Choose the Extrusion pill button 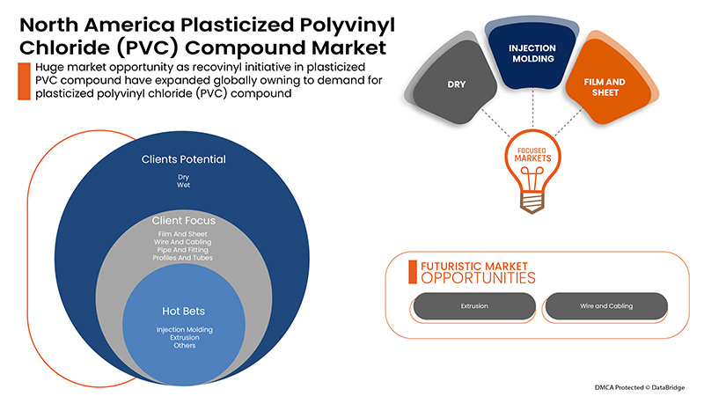point(474,306)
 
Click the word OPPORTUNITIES point(478,278)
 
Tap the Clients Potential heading point(184,160)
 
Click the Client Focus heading point(184,220)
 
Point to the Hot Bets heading point(184,312)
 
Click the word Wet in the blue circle point(184,186)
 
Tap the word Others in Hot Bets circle point(184,346)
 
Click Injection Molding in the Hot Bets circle point(184,329)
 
